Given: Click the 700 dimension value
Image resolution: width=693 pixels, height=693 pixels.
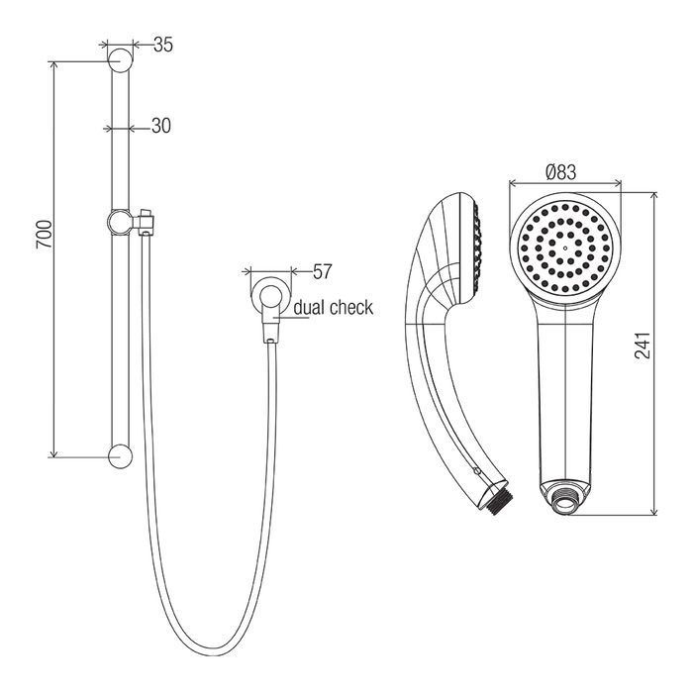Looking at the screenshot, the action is pyautogui.click(x=45, y=234).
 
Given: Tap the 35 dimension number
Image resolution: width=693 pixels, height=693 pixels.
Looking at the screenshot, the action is pyautogui.click(x=163, y=45).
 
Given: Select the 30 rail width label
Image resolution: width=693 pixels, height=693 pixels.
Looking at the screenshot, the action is pyautogui.click(x=160, y=126).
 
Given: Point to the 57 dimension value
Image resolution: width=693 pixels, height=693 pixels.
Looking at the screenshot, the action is pyautogui.click(x=322, y=271).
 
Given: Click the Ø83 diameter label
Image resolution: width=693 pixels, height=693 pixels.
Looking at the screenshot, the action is pyautogui.click(x=561, y=172).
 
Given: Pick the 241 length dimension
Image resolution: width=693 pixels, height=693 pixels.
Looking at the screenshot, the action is pyautogui.click(x=643, y=346).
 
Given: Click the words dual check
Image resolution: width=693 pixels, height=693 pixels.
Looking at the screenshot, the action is pyautogui.click(x=334, y=308).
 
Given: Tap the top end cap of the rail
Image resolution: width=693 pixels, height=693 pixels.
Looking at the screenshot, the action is pyautogui.click(x=120, y=60).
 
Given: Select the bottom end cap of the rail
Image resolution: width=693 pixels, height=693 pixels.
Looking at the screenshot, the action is pyautogui.click(x=120, y=456).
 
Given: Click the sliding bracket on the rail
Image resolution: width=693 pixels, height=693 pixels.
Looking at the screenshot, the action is pyautogui.click(x=130, y=221).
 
